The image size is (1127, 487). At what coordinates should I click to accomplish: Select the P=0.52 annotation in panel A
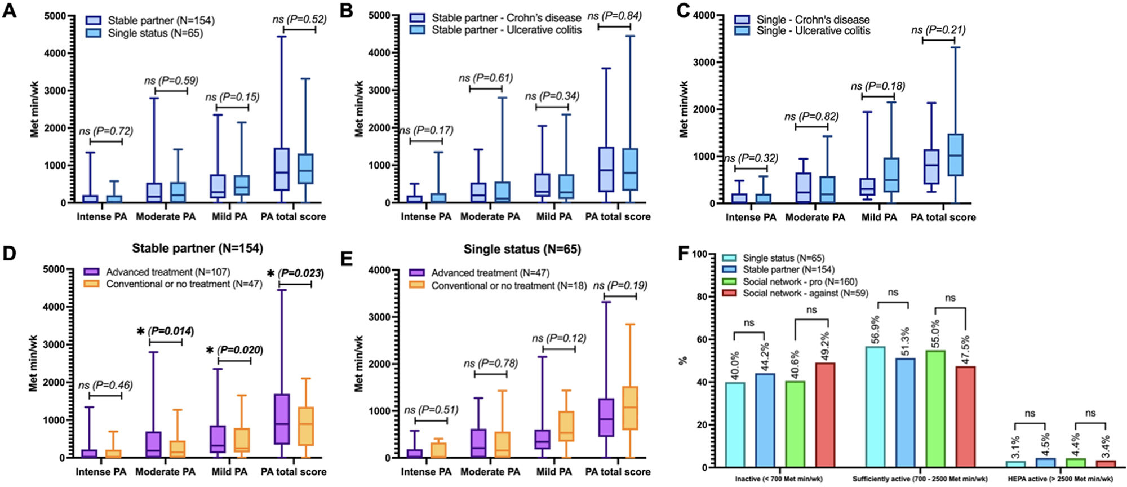[299, 19]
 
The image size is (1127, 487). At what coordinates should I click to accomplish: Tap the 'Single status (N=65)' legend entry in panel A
[155, 33]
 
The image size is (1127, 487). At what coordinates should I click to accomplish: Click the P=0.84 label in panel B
[614, 16]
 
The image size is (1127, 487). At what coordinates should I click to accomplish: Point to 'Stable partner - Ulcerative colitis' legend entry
[506, 30]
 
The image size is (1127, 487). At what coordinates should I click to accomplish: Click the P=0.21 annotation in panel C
[938, 30]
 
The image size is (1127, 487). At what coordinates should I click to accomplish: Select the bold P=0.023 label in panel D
[301, 273]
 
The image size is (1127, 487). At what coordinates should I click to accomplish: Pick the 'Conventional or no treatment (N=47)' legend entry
[184, 284]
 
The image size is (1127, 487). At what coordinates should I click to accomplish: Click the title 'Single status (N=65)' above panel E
[522, 249]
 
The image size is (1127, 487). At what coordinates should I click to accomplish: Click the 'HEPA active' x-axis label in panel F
[1059, 479]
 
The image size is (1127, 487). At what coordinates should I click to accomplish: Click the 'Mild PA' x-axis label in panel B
[554, 217]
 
